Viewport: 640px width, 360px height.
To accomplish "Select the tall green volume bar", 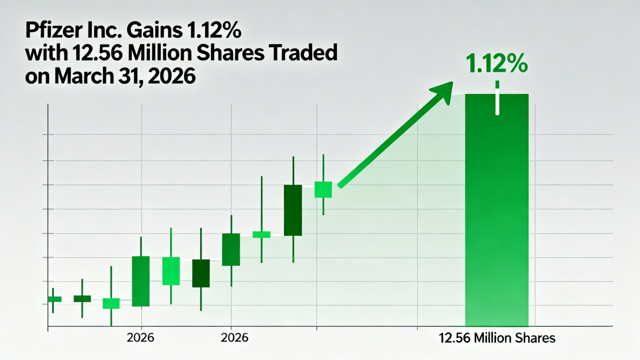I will pyautogui.click(x=496, y=225).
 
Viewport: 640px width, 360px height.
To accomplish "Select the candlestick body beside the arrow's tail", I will pyautogui.click(x=323, y=189).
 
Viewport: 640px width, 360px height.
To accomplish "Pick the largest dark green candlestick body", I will pyautogui.click(x=292, y=210).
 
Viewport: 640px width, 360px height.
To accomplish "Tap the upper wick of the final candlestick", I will pyautogui.click(x=323, y=167).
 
